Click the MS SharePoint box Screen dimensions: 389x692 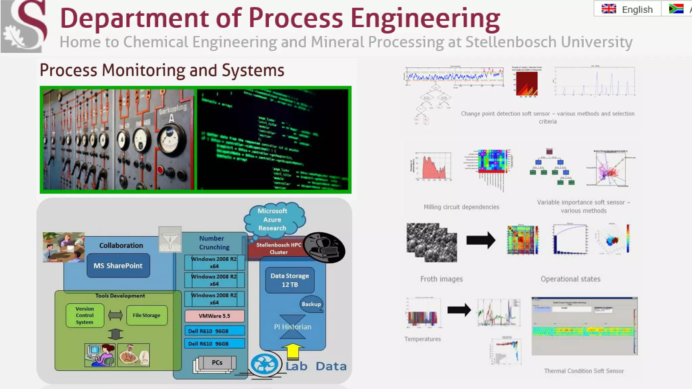[x=118, y=266]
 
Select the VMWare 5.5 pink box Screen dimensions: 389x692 [x=214, y=316]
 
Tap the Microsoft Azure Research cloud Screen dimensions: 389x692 [x=273, y=219]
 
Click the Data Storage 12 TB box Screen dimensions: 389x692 [x=290, y=280]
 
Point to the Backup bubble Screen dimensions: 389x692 [x=311, y=304]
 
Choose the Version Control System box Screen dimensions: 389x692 [x=84, y=315]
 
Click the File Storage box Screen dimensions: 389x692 [x=146, y=315]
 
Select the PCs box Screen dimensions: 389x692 [x=217, y=363]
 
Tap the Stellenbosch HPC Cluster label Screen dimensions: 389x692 [x=278, y=249]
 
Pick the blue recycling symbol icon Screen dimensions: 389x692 [x=265, y=364]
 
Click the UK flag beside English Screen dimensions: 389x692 [x=609, y=9]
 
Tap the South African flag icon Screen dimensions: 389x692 [x=676, y=9]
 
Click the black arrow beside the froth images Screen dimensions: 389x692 [x=480, y=240]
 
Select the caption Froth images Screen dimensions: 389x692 [x=441, y=279]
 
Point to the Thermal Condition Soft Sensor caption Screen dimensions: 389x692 [x=584, y=371]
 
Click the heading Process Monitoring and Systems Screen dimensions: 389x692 [x=162, y=70]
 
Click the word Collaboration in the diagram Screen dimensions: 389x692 [x=121, y=245]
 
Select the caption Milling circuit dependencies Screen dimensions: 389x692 [x=461, y=207]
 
